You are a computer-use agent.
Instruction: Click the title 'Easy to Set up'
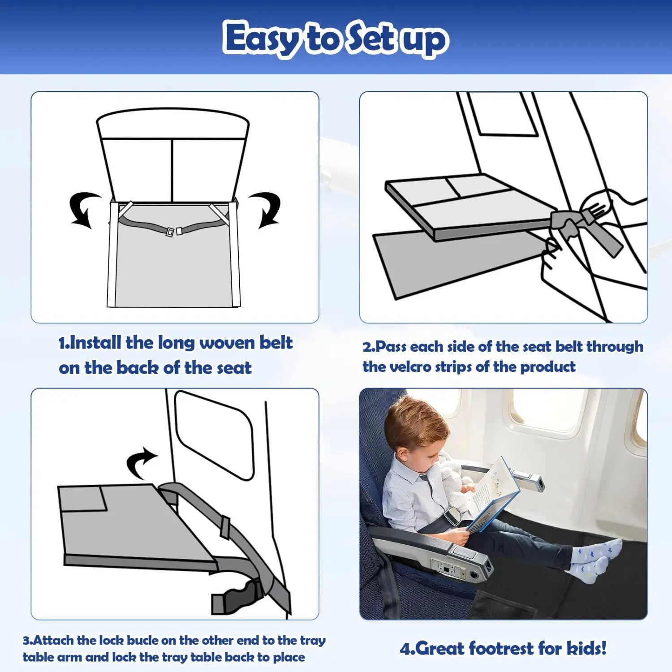tap(336, 39)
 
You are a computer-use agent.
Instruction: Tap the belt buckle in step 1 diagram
tap(174, 232)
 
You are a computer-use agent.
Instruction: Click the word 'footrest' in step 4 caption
tap(501, 648)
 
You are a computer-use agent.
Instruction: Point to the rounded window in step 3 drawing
tap(214, 435)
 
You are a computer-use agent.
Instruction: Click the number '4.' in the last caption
tap(407, 649)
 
